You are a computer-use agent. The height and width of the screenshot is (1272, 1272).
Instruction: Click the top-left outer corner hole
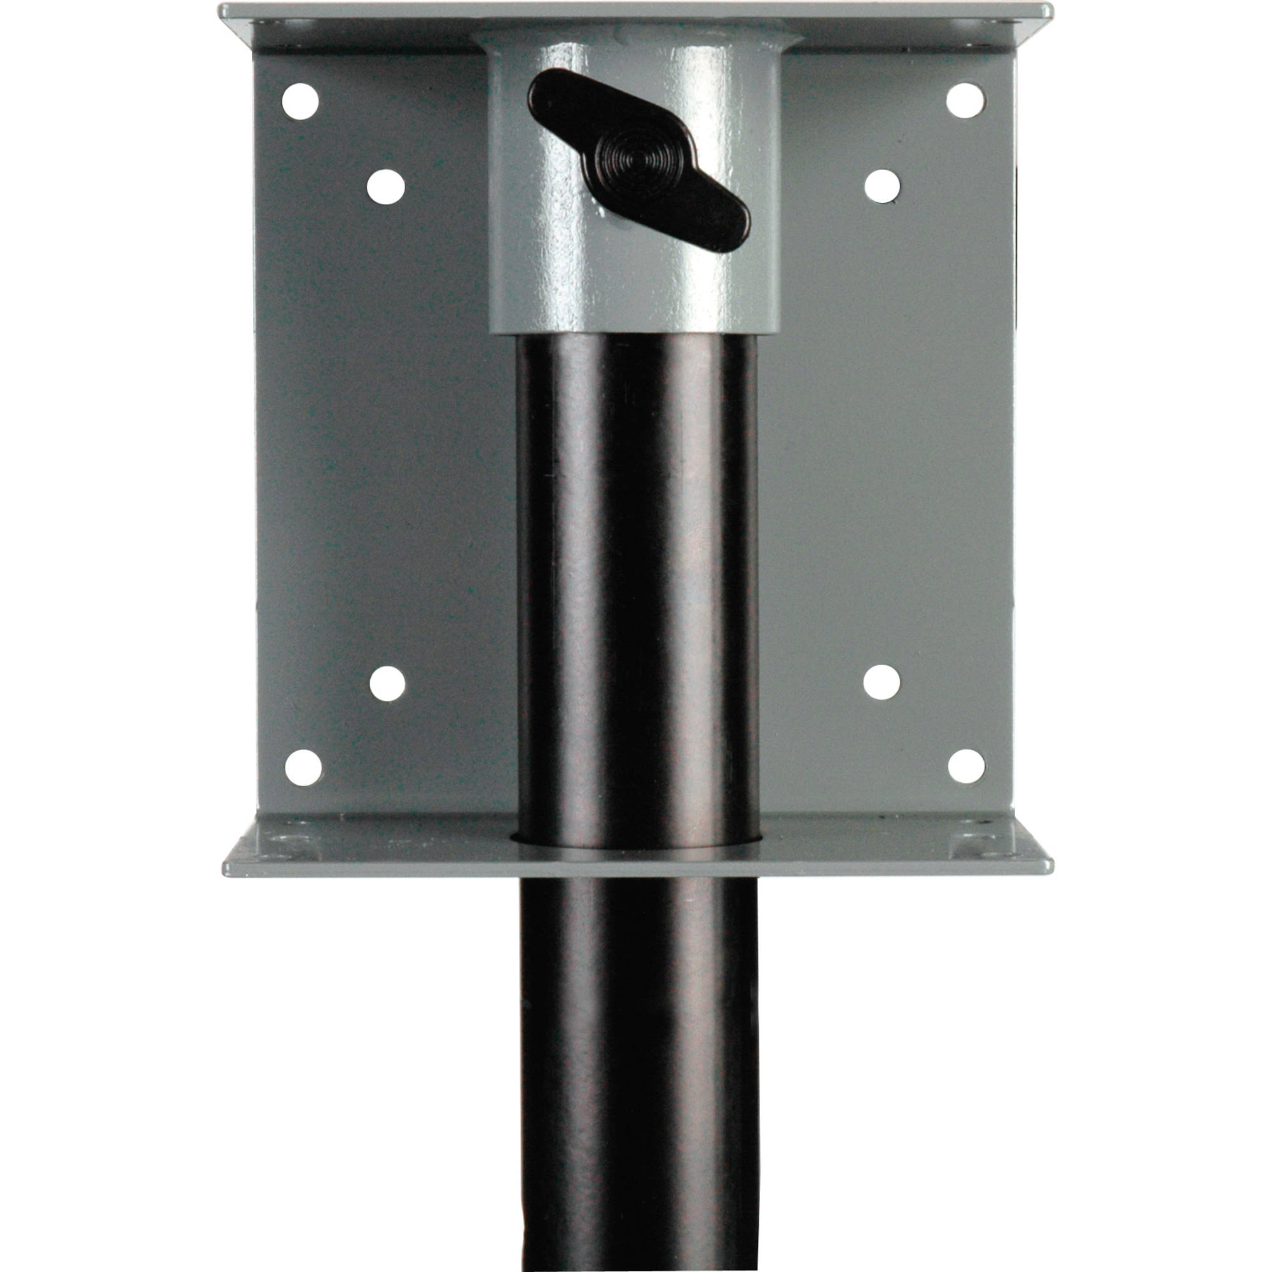tap(300, 101)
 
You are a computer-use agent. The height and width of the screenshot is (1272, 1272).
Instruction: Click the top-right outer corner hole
tap(965, 100)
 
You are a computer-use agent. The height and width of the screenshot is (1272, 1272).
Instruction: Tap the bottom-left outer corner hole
tap(303, 767)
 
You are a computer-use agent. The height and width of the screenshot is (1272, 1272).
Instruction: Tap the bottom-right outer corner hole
tap(966, 766)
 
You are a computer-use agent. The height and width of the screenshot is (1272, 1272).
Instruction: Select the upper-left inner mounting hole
tap(385, 186)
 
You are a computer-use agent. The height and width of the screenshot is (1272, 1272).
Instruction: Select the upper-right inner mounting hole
tap(881, 186)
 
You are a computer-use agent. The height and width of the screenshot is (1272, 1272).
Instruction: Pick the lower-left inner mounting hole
tap(387, 684)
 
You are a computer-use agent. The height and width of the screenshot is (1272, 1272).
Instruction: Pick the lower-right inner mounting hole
tap(881, 682)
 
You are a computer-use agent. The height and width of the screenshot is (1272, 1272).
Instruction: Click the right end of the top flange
tap(1044, 12)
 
